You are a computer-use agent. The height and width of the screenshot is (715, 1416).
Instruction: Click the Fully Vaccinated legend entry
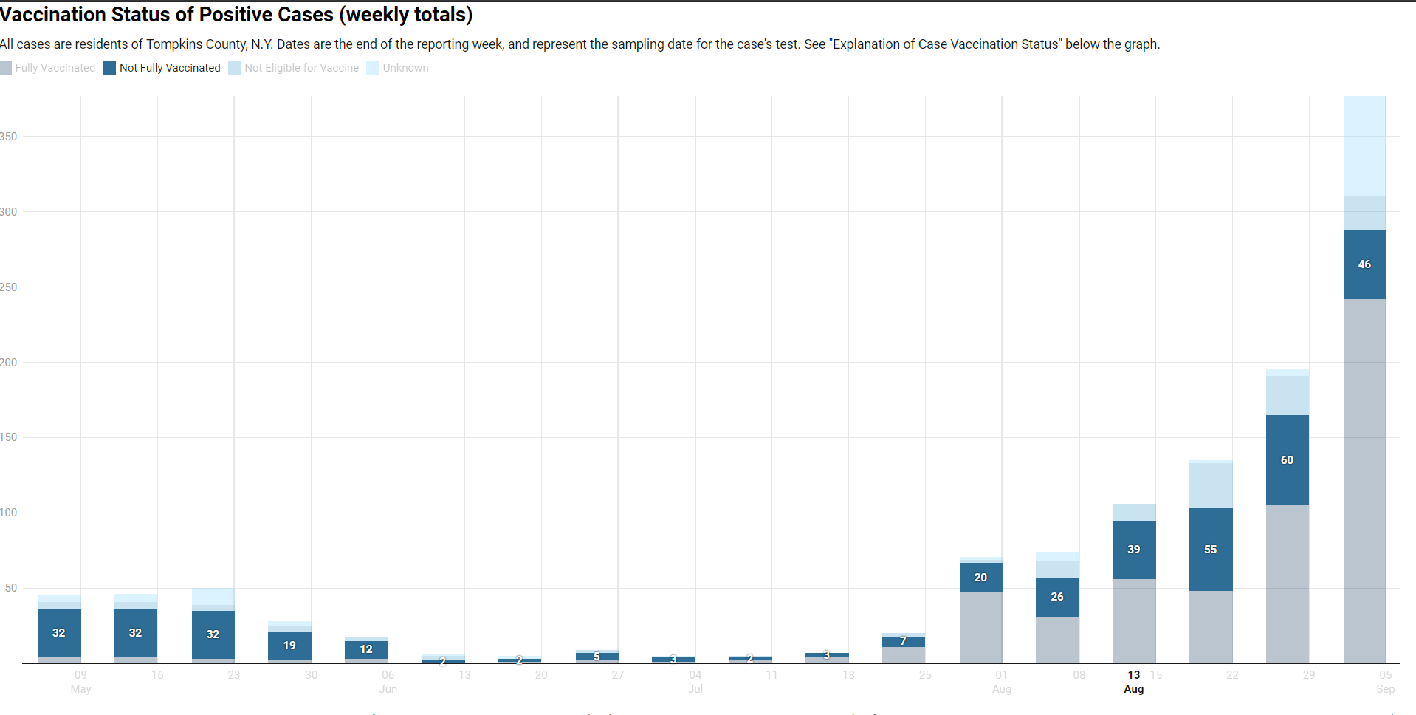coord(49,68)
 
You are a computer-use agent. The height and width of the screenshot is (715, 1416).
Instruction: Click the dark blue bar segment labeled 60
coord(1287,460)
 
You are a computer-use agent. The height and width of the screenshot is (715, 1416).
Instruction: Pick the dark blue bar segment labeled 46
coord(1364,264)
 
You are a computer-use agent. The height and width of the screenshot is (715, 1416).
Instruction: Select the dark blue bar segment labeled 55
coord(1211,550)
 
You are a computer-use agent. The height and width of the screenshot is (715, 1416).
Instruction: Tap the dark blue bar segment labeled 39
coord(1134,550)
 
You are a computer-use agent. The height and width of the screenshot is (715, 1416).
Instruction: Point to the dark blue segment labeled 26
coord(1057,597)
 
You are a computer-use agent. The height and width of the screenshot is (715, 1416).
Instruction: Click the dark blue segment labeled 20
coord(980,578)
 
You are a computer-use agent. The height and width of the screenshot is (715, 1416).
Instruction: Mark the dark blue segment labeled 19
coord(289,646)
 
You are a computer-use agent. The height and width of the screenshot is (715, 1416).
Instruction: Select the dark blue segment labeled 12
coord(366,649)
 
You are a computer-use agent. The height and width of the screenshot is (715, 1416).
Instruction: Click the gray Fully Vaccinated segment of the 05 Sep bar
coord(1364,480)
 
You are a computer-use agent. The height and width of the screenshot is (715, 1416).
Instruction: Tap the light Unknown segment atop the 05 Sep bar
coord(1364,146)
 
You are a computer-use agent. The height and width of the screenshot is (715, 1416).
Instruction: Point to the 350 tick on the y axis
coord(9,137)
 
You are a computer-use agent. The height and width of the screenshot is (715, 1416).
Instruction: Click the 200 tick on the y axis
coord(9,363)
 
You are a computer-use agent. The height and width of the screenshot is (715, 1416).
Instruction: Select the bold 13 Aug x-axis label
coord(1134,682)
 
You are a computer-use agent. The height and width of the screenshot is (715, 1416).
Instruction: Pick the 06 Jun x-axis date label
coord(388,682)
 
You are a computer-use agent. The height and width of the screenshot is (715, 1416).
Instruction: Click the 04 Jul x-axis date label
coord(695,682)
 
